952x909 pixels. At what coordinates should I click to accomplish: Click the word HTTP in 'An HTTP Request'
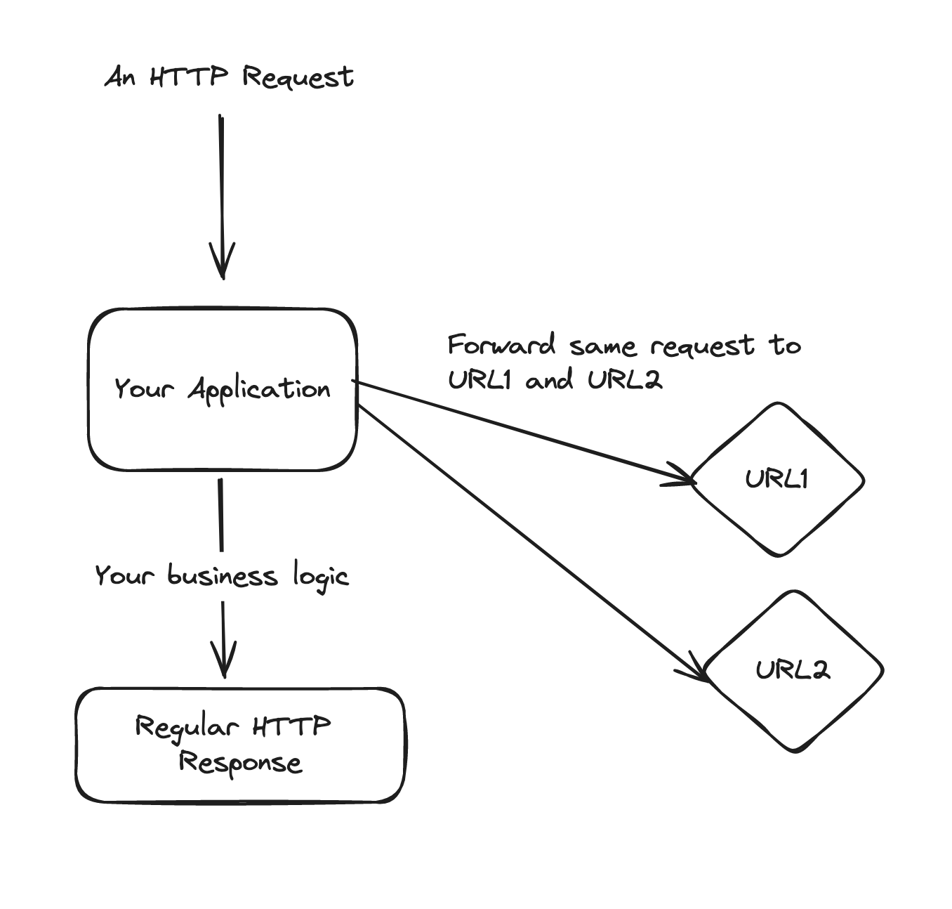coord(189,76)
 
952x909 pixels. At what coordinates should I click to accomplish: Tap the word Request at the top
coord(298,77)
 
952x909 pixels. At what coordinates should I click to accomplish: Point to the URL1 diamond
coord(777,479)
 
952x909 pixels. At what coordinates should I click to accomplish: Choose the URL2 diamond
coord(793,670)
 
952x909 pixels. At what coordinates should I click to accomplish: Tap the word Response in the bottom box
coord(240,763)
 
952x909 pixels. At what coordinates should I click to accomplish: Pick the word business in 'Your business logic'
coord(222,576)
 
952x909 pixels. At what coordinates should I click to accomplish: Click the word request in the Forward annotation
coord(702,346)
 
